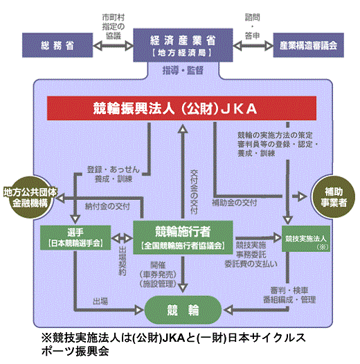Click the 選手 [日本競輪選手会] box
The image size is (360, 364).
(x=72, y=237)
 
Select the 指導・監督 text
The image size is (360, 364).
(x=181, y=71)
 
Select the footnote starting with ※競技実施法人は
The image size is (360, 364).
(x=173, y=343)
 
